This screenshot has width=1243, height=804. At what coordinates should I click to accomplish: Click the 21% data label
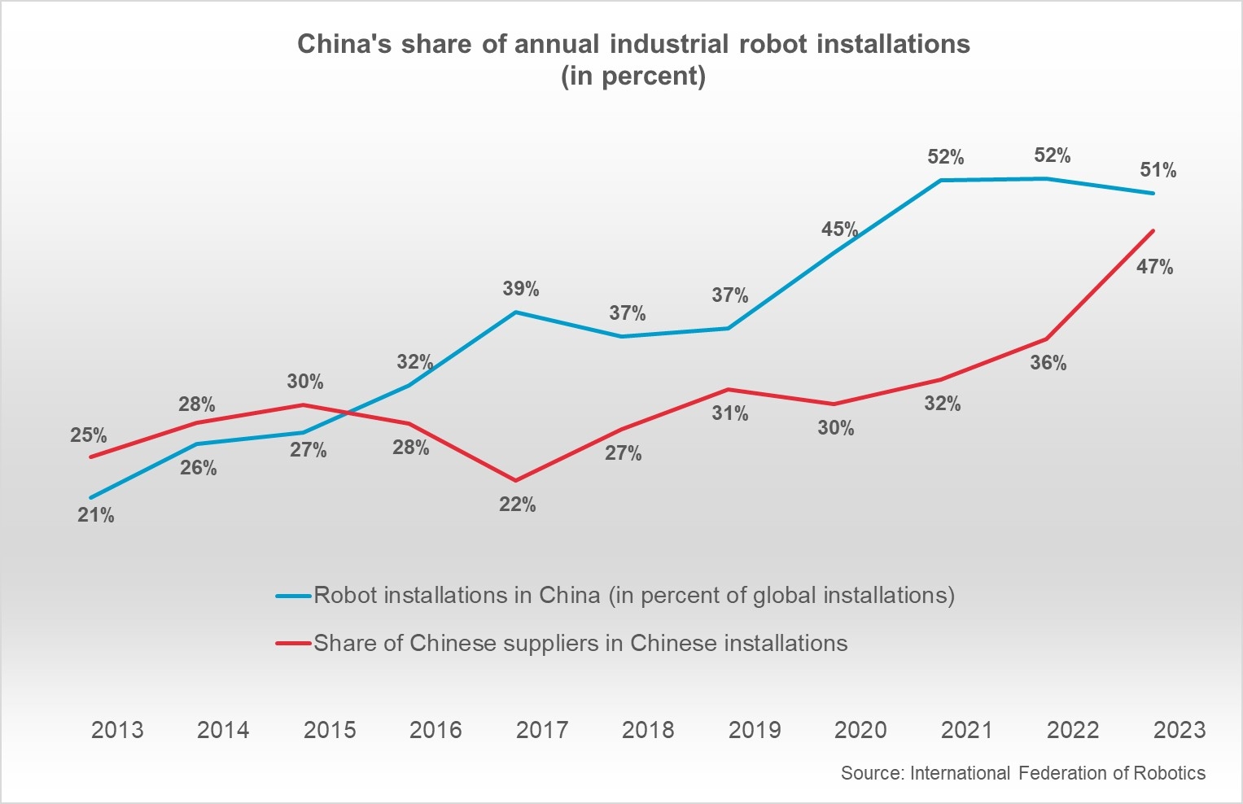[x=96, y=515]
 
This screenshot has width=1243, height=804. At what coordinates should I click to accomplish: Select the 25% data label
[x=88, y=435]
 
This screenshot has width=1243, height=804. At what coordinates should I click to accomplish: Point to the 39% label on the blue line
[x=521, y=289]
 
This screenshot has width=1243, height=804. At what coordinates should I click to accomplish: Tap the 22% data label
[x=518, y=505]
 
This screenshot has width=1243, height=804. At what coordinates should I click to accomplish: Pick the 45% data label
[x=840, y=229]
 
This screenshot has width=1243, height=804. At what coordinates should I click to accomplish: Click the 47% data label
[x=1155, y=267]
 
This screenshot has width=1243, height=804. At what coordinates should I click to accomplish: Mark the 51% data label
[x=1158, y=170]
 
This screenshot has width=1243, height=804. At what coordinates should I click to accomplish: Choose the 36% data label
[x=1048, y=363]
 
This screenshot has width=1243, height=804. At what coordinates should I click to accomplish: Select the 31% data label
[x=730, y=413]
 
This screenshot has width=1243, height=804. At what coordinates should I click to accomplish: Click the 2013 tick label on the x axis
[x=117, y=730]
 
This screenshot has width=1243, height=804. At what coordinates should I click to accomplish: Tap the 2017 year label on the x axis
[x=542, y=730]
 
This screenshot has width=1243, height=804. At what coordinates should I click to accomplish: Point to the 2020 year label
[x=860, y=730]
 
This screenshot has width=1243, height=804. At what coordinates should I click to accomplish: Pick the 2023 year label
[x=1180, y=730]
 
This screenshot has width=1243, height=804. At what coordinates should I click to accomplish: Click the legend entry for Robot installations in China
[x=633, y=596]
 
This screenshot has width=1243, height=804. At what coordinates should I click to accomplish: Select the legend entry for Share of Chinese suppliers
[x=580, y=644]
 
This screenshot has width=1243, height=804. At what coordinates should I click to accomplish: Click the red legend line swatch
[x=294, y=644]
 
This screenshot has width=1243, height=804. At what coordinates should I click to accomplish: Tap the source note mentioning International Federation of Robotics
[x=1023, y=773]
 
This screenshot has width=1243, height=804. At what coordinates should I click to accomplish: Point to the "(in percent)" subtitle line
[x=633, y=76]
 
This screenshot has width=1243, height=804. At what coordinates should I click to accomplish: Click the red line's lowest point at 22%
[x=515, y=480]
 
